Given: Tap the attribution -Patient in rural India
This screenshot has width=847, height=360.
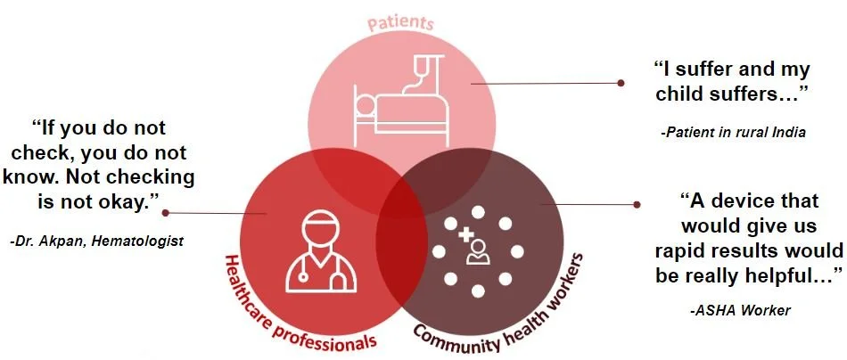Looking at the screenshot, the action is pyautogui.click(x=734, y=132).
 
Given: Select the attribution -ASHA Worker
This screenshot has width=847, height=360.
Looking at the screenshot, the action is pyautogui.click(x=740, y=310).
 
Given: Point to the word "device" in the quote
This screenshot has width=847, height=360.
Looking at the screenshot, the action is pyautogui.click(x=743, y=202).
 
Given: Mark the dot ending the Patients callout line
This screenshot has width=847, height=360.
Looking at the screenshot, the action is pyautogui.click(x=621, y=82).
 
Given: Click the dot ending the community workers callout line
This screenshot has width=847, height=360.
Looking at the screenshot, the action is pyautogui.click(x=636, y=204).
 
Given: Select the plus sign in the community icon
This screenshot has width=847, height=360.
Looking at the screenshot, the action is pyautogui.click(x=465, y=236).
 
